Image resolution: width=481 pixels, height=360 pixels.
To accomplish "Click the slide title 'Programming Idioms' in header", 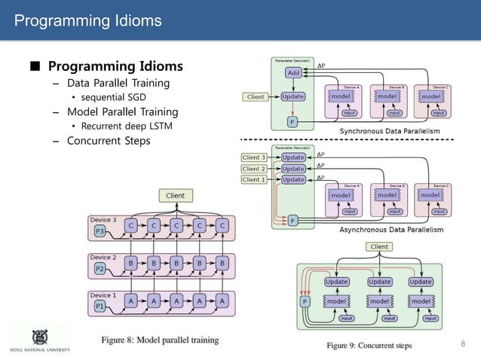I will pos(88,20).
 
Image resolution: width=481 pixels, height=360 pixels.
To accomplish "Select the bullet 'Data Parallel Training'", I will pos(118,83).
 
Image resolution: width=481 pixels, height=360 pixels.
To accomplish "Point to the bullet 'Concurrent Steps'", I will pos(109,141).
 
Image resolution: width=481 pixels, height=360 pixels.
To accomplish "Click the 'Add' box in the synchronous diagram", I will pos(293,73).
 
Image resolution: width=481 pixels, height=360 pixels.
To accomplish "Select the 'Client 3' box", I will pos(254,157).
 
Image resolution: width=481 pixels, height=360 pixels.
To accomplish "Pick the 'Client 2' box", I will pos(254,169).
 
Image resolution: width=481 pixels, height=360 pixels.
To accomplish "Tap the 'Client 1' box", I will pos(254,180).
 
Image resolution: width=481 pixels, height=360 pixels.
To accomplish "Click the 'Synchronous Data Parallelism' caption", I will pos(390,131).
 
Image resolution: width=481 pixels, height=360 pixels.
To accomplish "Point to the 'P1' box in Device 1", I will pos(100,306).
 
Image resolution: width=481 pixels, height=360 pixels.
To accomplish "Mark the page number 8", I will pos(463,344).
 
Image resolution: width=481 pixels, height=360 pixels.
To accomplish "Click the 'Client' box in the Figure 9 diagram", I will pos(379,246).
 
